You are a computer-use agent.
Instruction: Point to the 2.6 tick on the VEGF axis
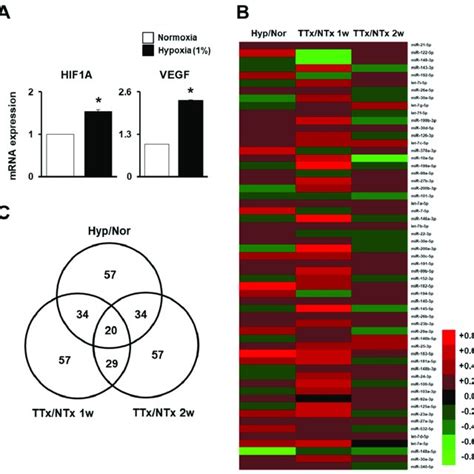(132, 93)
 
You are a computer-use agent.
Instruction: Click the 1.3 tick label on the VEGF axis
(132, 134)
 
